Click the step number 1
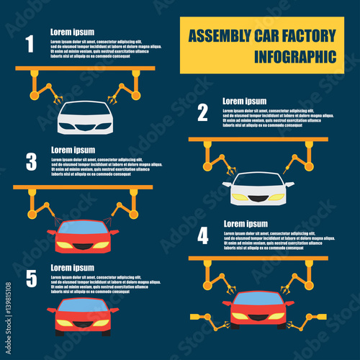pos(30,45)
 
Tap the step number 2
pos(202,112)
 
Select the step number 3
pos(31,162)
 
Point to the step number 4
pos(203,235)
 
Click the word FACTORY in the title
pos(306,35)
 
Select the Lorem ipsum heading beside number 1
pos(72,32)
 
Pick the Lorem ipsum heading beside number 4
pos(245,224)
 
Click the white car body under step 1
pos(85,119)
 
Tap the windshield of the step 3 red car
pos(83,228)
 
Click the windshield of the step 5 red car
pos(83,305)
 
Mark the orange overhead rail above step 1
pos(85,68)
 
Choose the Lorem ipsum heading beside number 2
pos(244,102)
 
